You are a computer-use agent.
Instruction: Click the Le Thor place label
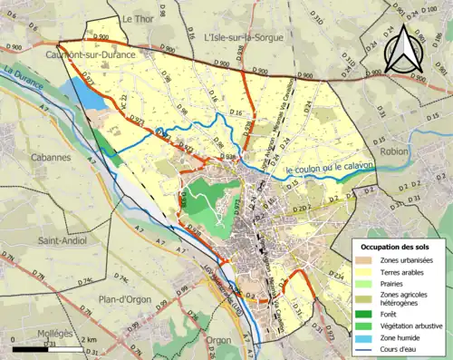click(x=139, y=18)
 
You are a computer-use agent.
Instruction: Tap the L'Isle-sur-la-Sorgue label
click(x=244, y=37)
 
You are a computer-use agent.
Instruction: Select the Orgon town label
click(x=217, y=341)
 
